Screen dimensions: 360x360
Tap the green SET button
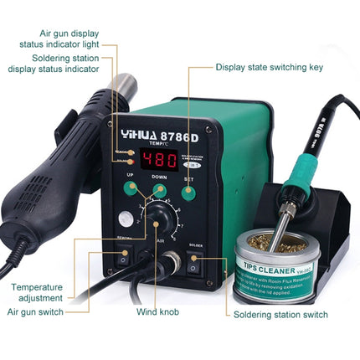(190, 192)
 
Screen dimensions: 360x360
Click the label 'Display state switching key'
(274, 67)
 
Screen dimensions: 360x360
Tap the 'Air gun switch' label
(37, 311)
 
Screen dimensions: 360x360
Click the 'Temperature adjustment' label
(37, 292)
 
